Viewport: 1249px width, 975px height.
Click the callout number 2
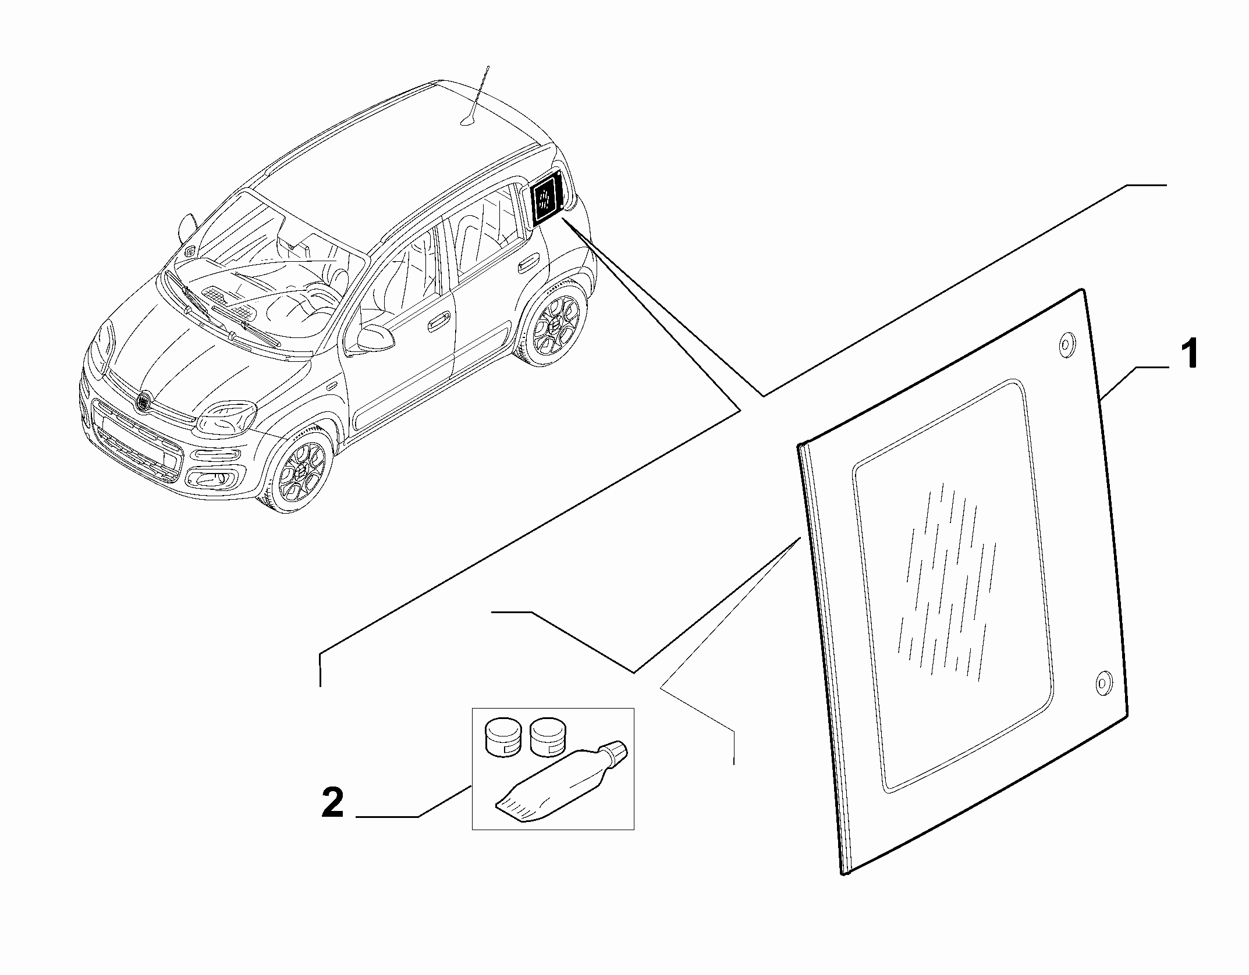[333, 803]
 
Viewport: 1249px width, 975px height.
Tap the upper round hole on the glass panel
[1065, 346]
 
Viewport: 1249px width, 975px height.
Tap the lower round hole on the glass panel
[1103, 684]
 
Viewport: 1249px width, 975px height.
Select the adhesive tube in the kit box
[559, 785]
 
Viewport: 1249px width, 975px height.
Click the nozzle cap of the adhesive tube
[616, 753]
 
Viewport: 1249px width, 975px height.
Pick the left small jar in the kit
[504, 738]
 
